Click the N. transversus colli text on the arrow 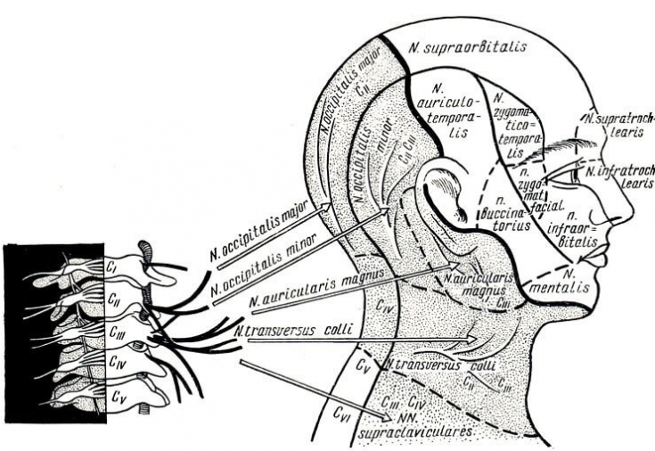[289, 331]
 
